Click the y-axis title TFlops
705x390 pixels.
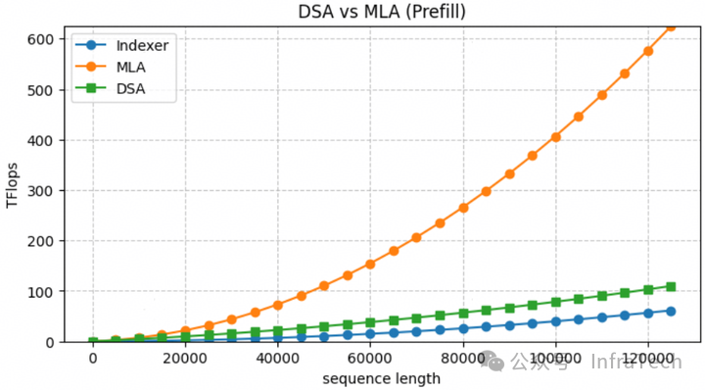point(13,184)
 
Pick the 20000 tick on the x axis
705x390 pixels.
point(185,359)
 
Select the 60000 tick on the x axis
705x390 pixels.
point(370,359)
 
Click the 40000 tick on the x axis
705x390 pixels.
point(278,359)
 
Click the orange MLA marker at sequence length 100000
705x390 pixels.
point(555,137)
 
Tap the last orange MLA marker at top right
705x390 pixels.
point(671,26)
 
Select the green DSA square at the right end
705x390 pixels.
point(671,286)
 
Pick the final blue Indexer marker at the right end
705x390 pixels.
point(671,311)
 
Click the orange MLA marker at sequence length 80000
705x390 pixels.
point(463,208)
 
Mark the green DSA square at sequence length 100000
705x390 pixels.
point(555,302)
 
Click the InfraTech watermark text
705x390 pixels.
point(635,362)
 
